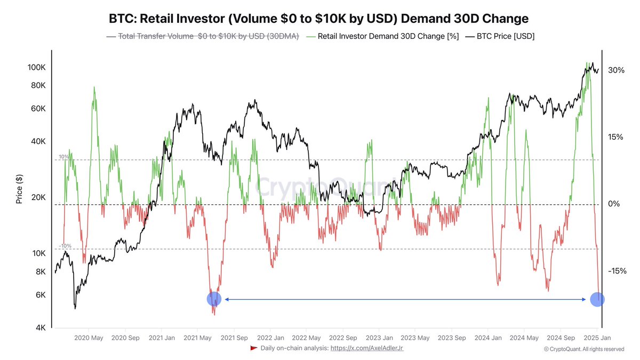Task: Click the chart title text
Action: click(319, 19)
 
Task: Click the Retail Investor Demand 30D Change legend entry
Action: click(379, 36)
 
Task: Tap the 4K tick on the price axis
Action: click(40, 328)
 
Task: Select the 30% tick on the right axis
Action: click(617, 70)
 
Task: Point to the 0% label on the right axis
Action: click(614, 204)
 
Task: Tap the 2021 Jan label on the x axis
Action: click(162, 338)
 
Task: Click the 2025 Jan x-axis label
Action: click(597, 338)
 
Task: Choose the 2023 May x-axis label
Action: click(415, 338)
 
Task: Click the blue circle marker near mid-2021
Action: click(214, 299)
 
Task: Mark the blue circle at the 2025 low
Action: click(597, 299)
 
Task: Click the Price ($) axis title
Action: click(20, 189)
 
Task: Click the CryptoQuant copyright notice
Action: click(583, 349)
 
